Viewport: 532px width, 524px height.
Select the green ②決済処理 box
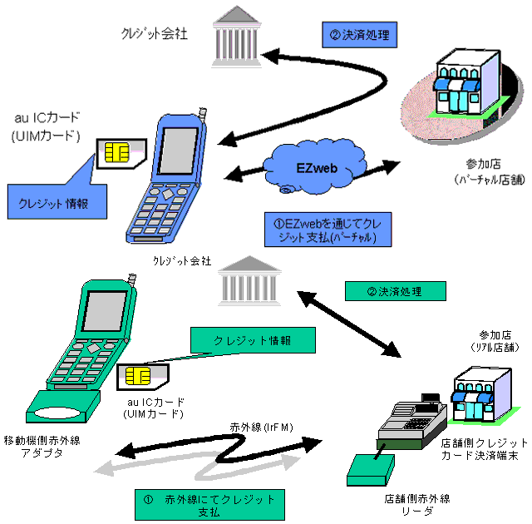pyautogui.click(x=394, y=291)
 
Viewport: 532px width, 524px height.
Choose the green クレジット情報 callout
pyautogui.click(x=253, y=341)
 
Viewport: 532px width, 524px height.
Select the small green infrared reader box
pyautogui.click(x=365, y=471)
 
